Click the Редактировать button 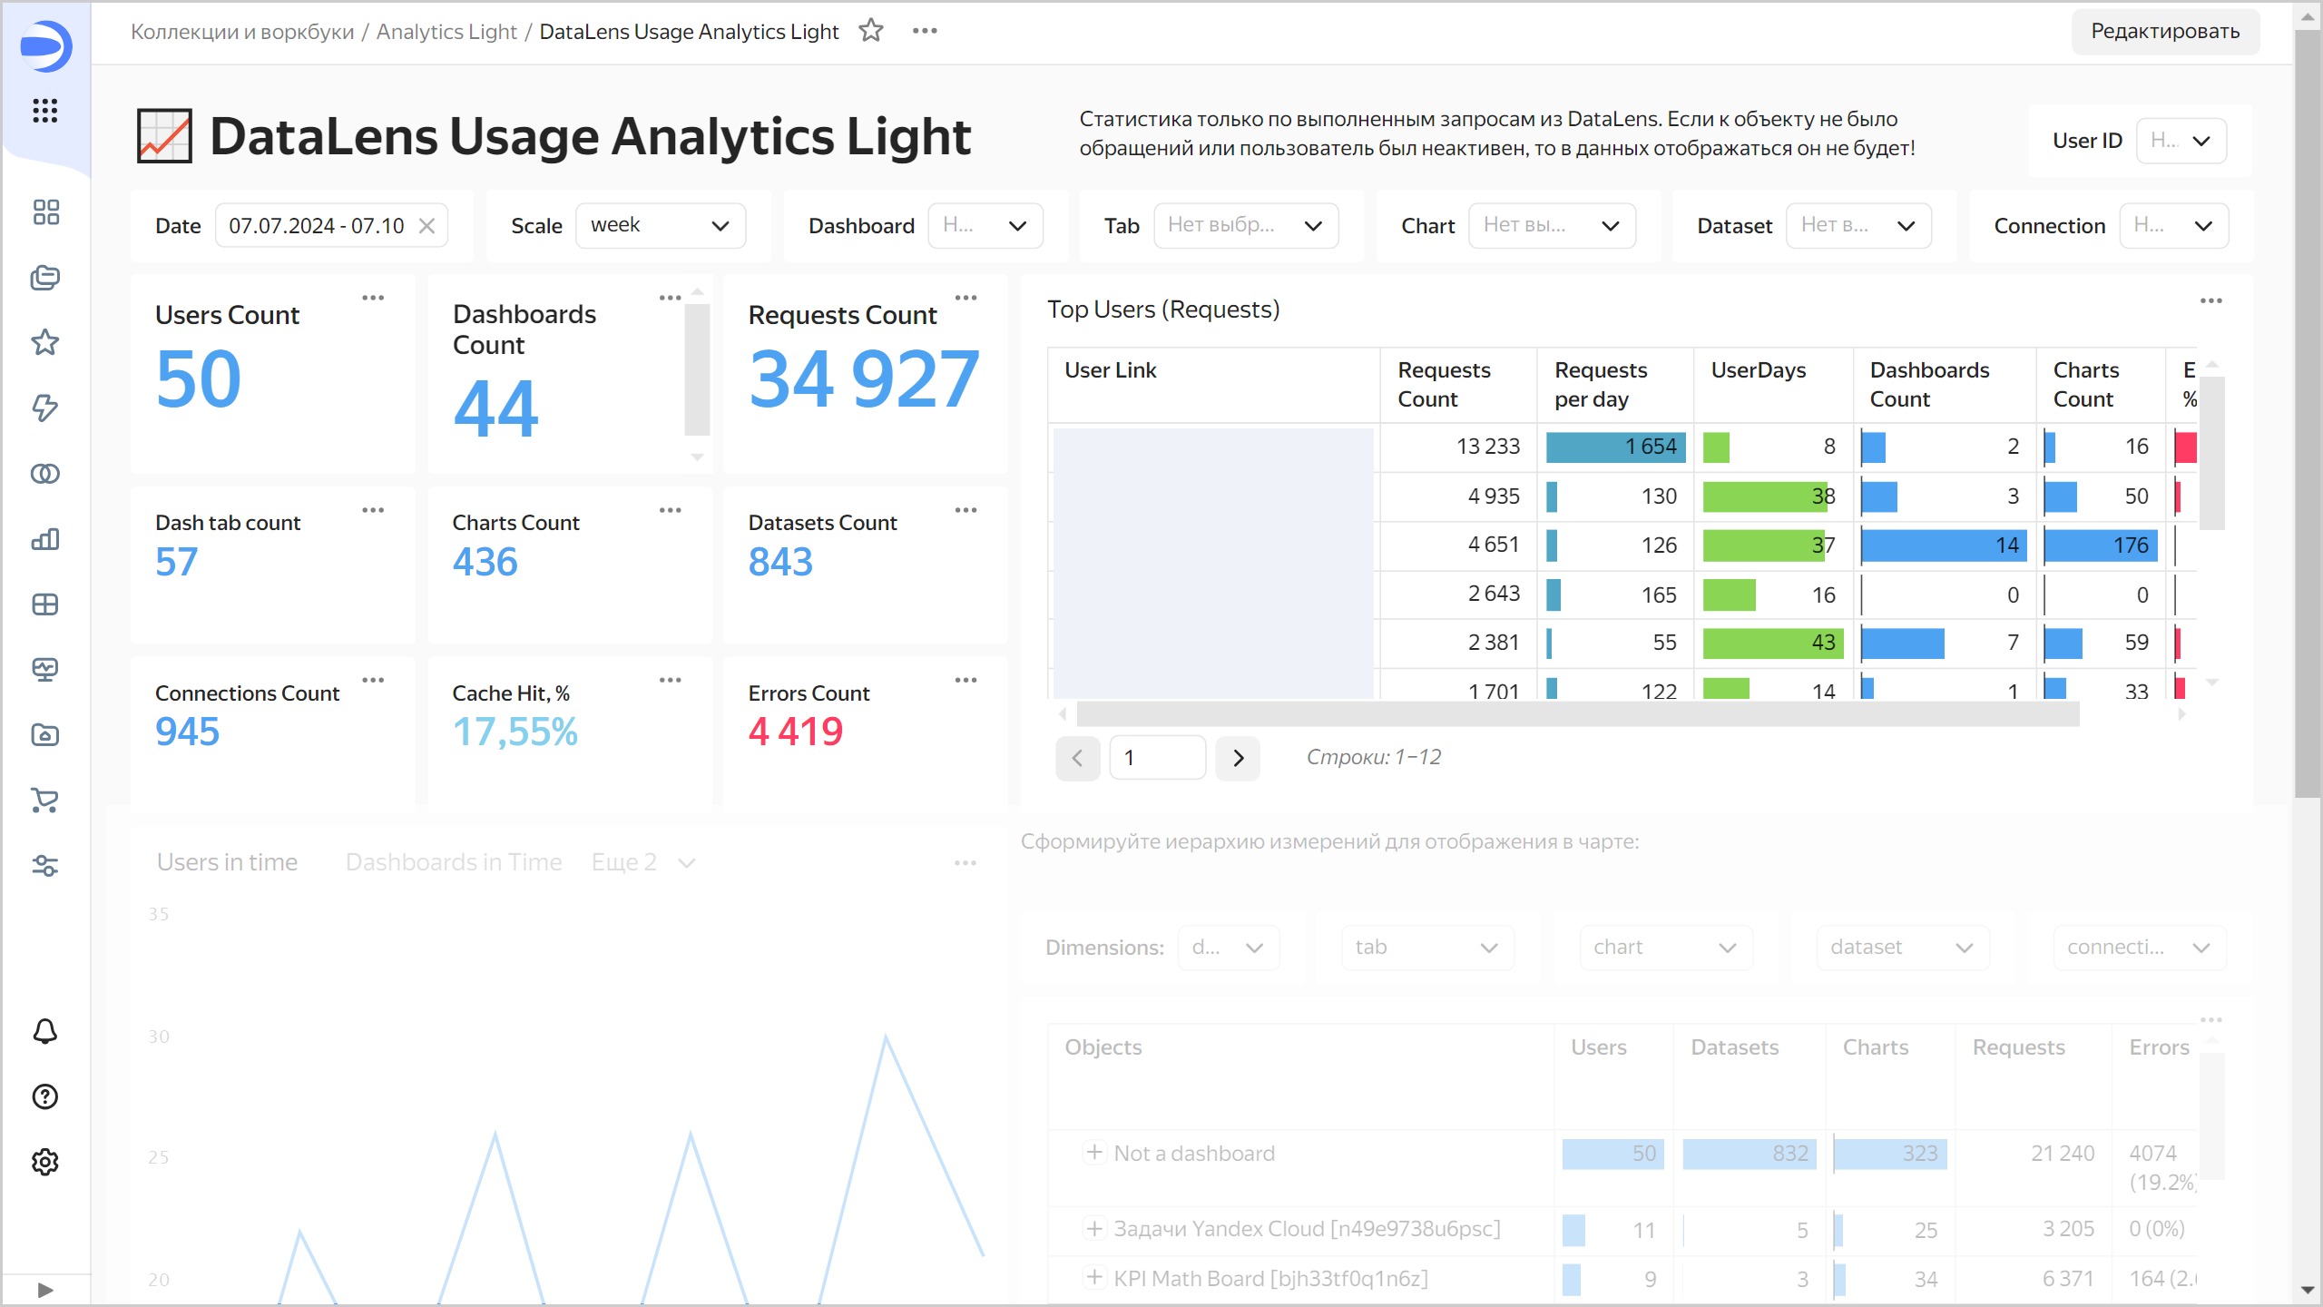[x=2164, y=32]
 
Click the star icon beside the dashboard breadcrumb [x=871, y=31]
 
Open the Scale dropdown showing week [x=660, y=226]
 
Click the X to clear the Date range [x=426, y=226]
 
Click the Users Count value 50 [x=199, y=379]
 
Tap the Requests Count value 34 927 [x=863, y=379]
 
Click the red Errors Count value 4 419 [x=795, y=732]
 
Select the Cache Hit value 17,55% [x=515, y=732]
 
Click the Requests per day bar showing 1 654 [x=1615, y=447]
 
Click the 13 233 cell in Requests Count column [x=1487, y=447]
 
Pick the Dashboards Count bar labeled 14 [x=1942, y=545]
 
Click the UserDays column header [x=1758, y=370]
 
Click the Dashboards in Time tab [x=454, y=862]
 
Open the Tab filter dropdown [x=1245, y=226]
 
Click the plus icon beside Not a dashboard [x=1094, y=1153]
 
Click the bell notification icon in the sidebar [x=45, y=1032]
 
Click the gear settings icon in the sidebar [x=45, y=1163]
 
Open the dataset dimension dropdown [x=1902, y=948]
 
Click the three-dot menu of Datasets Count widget [x=965, y=510]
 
